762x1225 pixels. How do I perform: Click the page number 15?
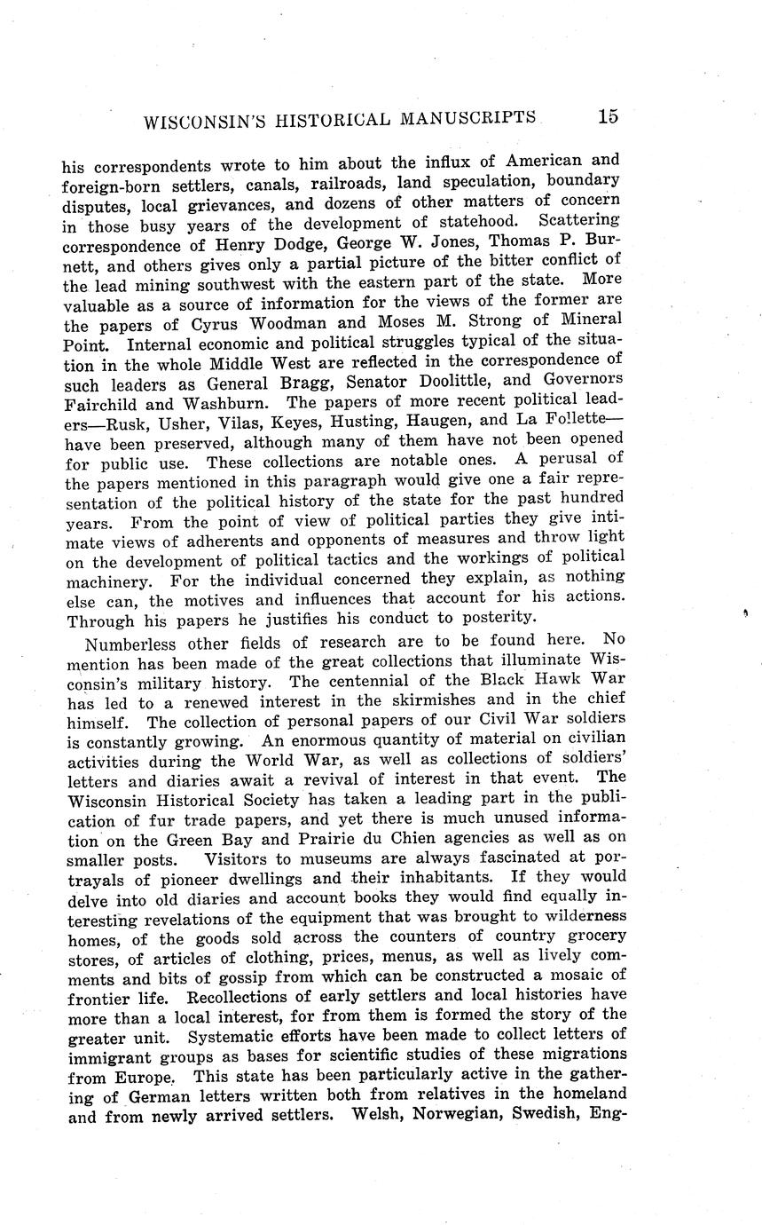pyautogui.click(x=608, y=116)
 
